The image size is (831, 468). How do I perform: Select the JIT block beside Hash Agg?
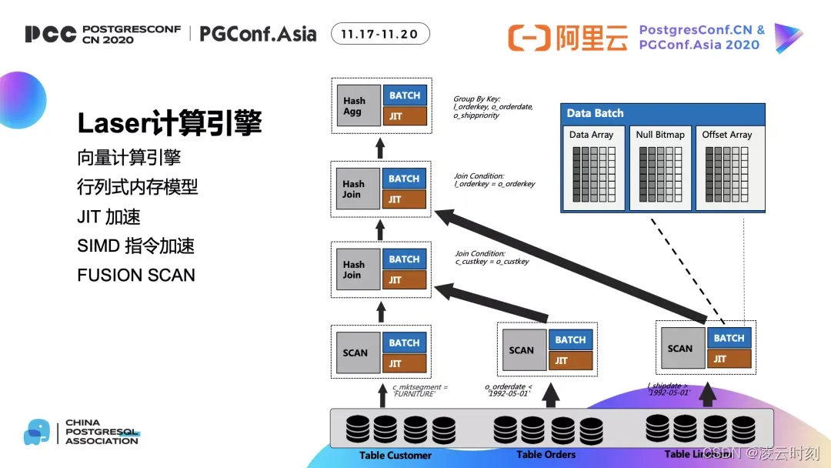(404, 116)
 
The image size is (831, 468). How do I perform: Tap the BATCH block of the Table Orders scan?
(570, 339)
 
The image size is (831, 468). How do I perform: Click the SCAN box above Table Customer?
(355, 353)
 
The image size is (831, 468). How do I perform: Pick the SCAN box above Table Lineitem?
(680, 348)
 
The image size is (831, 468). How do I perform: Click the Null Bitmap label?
(660, 135)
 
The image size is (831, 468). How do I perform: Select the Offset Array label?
(726, 135)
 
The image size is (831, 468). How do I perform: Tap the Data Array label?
(592, 135)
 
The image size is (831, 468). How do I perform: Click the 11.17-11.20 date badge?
(380, 34)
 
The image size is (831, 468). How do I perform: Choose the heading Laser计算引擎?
(169, 123)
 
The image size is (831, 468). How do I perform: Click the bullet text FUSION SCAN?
(136, 275)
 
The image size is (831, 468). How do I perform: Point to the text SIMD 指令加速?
(136, 246)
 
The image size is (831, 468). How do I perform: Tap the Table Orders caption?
(546, 454)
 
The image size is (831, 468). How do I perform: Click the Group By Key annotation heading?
(476, 99)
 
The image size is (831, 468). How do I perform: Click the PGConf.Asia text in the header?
(258, 34)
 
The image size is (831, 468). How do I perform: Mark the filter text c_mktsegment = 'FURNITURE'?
(420, 390)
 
